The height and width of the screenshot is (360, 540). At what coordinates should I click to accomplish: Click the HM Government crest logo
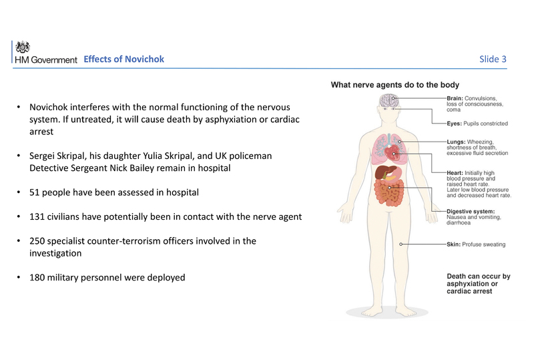[x=23, y=47]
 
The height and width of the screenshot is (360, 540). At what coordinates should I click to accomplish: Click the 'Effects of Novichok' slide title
[x=123, y=59]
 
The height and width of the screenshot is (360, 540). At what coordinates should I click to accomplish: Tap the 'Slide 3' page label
[x=493, y=59]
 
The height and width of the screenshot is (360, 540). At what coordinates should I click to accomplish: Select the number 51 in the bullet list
[x=35, y=193]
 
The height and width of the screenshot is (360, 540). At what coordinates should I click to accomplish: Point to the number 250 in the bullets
[x=38, y=241]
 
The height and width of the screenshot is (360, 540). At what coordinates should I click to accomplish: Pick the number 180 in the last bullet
[x=38, y=277]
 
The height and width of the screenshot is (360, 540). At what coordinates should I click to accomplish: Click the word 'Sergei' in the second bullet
[x=44, y=156]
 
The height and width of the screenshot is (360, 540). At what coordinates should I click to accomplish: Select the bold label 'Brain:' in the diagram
[x=457, y=98]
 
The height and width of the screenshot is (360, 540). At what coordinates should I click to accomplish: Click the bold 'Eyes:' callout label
[x=456, y=124]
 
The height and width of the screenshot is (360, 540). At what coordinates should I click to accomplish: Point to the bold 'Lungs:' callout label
[x=457, y=142]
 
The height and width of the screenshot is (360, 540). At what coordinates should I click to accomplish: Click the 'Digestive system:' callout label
[x=471, y=211]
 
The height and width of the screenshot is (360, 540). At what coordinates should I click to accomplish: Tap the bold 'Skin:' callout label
[x=455, y=244]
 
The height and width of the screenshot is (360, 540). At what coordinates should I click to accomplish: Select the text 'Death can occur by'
[x=478, y=277]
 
